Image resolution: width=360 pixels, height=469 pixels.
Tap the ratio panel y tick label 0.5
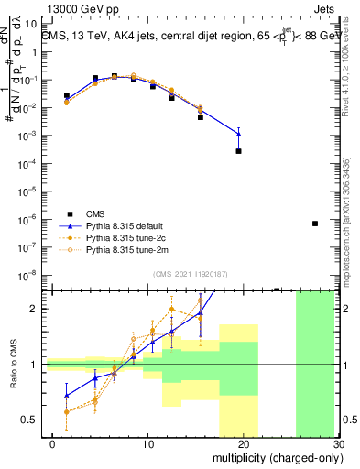click(x=32, y=420)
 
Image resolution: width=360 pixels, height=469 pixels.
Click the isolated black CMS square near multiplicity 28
click(x=315, y=224)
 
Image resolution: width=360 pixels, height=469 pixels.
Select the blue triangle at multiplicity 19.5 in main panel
click(x=238, y=134)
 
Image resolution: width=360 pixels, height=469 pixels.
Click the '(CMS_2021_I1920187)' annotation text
click(x=190, y=273)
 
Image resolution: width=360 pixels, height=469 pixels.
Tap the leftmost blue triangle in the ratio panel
click(x=66, y=396)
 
